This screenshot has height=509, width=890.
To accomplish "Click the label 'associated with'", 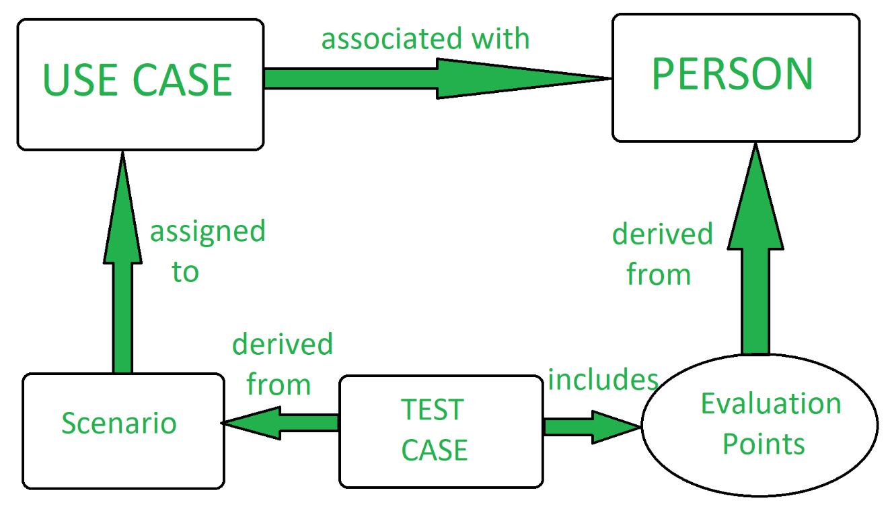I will tap(425, 39).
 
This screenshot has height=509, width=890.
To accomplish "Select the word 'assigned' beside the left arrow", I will tap(207, 233).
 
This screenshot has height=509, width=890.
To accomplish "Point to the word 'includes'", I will tap(603, 380).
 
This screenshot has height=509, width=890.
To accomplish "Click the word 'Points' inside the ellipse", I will tap(764, 444).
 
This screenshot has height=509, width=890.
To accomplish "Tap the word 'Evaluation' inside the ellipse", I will tap(771, 404).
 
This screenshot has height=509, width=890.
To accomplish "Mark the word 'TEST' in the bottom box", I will tap(433, 409).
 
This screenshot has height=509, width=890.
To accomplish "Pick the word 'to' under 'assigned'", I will tap(185, 272).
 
